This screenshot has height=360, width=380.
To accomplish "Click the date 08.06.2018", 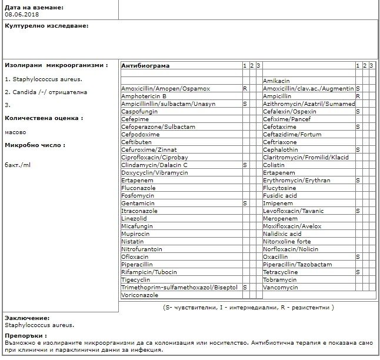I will pyautogui.click(x=19, y=14).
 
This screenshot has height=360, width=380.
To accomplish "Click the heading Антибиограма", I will pyautogui.click(x=145, y=65).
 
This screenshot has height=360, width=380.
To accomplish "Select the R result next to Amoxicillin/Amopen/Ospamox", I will pyautogui.click(x=245, y=88).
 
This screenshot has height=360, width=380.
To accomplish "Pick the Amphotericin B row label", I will pyautogui.click(x=144, y=96).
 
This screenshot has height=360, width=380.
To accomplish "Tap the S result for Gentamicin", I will pyautogui.click(x=245, y=203).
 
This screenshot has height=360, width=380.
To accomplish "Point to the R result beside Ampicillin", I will pyautogui.click(x=358, y=96).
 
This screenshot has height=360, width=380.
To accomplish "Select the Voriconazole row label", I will pyautogui.click(x=141, y=295).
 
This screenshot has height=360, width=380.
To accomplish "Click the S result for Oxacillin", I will pyautogui.click(x=358, y=257).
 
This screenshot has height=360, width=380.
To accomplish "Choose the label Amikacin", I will pyautogui.click(x=276, y=81).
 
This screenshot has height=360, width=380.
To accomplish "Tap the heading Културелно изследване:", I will pyautogui.click(x=46, y=26).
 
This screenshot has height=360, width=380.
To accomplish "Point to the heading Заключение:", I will pyautogui.click(x=27, y=318).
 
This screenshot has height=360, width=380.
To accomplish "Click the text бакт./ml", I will pyautogui.click(x=18, y=164).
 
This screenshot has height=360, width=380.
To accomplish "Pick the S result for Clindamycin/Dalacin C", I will pyautogui.click(x=245, y=165).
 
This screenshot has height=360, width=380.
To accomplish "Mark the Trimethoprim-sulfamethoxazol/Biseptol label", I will pyautogui.click(x=179, y=288).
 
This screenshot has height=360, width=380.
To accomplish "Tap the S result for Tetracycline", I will pyautogui.click(x=358, y=272).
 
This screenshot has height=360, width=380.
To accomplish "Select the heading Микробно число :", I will pyautogui.click(x=35, y=145).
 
